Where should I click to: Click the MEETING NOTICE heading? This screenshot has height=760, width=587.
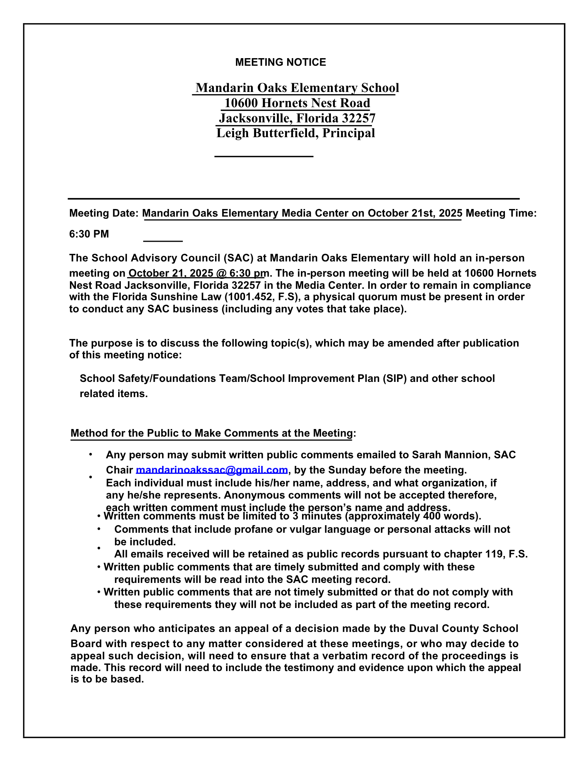[x=280, y=62]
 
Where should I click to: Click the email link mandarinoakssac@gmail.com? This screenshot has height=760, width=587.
[x=212, y=470]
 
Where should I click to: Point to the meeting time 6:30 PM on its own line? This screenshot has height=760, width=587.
[x=89, y=234]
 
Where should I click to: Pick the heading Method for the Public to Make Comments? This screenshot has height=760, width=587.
[x=211, y=433]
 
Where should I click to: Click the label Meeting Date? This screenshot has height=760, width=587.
[x=104, y=213]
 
